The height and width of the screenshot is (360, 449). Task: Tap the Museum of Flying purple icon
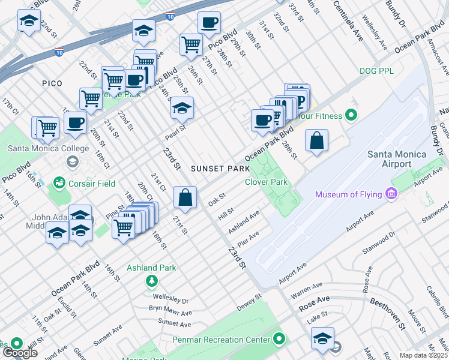[391, 194]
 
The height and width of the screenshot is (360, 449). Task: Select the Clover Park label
[266, 182]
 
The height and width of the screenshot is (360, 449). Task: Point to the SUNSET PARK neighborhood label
[216, 169]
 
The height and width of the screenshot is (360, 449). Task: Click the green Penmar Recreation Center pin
[279, 340]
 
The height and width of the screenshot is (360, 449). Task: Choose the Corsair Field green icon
[59, 181]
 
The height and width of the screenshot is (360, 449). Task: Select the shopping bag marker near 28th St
[316, 141]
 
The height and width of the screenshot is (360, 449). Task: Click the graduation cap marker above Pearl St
[181, 109]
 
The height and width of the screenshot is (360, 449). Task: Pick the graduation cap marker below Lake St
[323, 340]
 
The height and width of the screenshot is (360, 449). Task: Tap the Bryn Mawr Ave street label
[170, 311]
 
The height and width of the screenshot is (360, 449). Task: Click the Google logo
[19, 352]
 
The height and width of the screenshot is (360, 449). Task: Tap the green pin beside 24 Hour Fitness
[352, 115]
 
